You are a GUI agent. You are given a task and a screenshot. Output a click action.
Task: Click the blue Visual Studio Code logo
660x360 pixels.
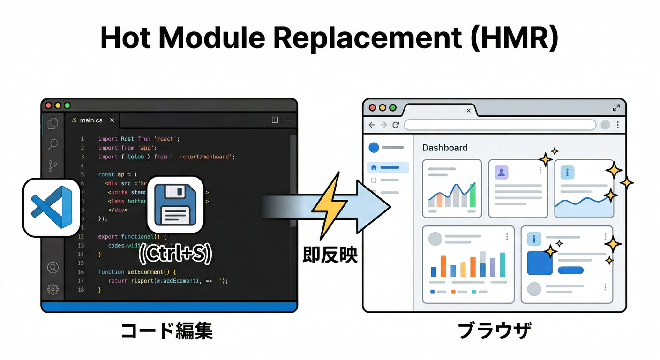(x=51, y=207)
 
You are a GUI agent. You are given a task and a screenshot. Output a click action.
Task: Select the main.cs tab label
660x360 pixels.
(x=91, y=120)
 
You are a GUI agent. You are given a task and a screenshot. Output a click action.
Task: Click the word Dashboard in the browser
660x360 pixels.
(x=445, y=148)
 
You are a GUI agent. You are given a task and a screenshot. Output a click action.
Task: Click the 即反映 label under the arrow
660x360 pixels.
(x=330, y=255)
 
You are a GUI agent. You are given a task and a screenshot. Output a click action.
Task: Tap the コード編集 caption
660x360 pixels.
(x=167, y=331)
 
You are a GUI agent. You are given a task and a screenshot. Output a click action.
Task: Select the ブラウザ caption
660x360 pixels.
(x=494, y=331)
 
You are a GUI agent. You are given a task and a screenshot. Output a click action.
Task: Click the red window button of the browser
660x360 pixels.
(x=373, y=107)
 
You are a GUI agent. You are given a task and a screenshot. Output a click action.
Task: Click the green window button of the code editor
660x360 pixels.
(x=67, y=105)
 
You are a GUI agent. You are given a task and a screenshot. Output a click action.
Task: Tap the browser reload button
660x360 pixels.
(x=396, y=125)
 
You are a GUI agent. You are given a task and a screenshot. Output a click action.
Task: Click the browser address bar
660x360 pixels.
(x=500, y=125)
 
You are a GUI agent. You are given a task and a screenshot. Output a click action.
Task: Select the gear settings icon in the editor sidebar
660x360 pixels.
(x=53, y=289)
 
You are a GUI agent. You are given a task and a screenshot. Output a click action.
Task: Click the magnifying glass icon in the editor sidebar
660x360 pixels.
(x=53, y=144)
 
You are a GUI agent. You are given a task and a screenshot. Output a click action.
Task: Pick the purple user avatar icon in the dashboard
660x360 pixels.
(x=501, y=172)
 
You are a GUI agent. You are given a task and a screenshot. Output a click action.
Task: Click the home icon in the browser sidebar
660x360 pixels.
(x=374, y=167)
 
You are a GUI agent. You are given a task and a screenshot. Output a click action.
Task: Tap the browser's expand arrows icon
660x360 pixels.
(x=616, y=108)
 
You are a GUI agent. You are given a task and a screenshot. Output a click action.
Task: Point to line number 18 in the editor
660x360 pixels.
(x=81, y=290)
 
